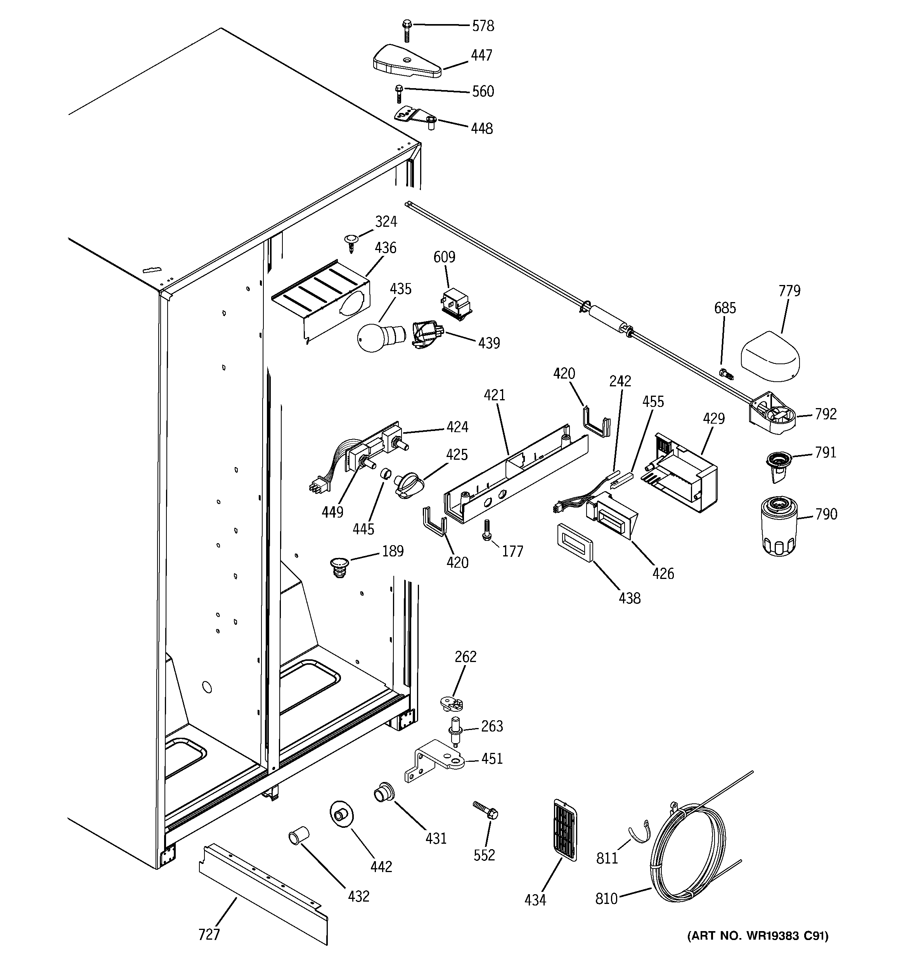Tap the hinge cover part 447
pyautogui.click(x=407, y=62)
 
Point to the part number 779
pyautogui.click(x=789, y=291)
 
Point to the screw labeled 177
pyautogui.click(x=487, y=530)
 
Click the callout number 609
pyautogui.click(x=444, y=257)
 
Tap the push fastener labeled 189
pyautogui.click(x=339, y=567)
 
